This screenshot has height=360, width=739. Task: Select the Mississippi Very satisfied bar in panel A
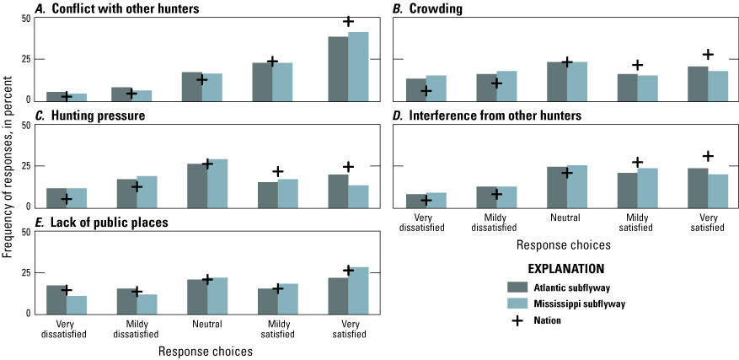(x=358, y=67)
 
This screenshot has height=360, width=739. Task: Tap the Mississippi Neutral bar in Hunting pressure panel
(x=217, y=183)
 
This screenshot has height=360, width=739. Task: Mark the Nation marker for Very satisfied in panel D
(x=708, y=156)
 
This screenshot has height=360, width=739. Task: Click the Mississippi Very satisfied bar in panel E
(x=358, y=290)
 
